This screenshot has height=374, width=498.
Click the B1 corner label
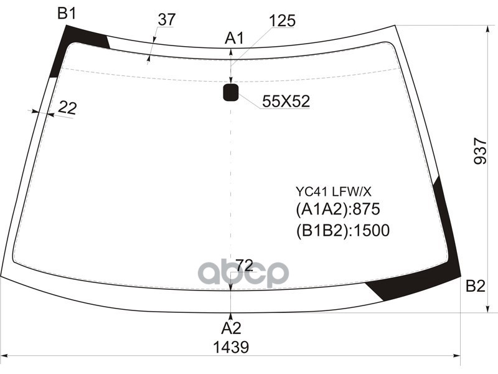click(67, 12)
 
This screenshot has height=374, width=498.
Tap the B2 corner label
click(475, 286)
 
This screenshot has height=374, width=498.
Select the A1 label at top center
click(234, 39)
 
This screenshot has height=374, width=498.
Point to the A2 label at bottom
click(231, 328)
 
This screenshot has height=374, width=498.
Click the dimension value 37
click(166, 20)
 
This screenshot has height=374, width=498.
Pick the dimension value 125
click(282, 21)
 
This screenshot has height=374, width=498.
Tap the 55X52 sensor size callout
click(286, 102)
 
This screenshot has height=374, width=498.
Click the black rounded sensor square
click(231, 93)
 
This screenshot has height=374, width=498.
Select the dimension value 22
click(67, 108)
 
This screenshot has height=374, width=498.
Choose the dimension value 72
click(244, 266)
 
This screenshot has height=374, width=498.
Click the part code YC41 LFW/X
click(333, 191)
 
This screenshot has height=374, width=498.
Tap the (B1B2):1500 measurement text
click(342, 231)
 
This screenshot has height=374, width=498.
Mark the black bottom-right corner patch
click(436, 262)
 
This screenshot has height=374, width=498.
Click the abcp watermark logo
click(243, 273)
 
